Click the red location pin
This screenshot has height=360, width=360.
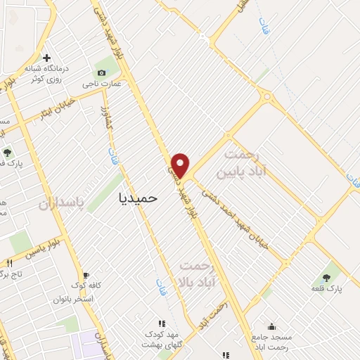click(181, 165)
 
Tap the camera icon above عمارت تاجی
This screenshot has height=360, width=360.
click(102, 73)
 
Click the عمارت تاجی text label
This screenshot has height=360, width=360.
click(102, 84)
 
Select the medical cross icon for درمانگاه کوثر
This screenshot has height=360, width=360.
click(46, 58)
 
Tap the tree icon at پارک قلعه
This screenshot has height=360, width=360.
click(326, 277)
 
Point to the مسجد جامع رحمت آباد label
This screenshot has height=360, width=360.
click(270, 342)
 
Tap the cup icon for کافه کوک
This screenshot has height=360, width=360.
click(86, 275)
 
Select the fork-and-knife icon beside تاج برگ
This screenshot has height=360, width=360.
click(9, 262)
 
